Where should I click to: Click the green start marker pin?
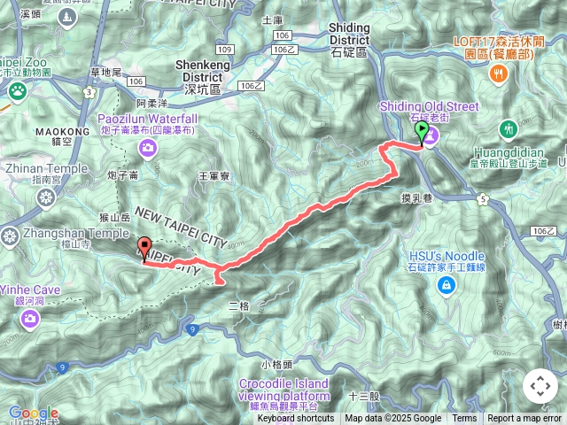point(423,133)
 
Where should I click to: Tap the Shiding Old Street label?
point(429,106)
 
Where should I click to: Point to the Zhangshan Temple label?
point(66,233)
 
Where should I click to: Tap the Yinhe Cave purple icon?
point(29,318)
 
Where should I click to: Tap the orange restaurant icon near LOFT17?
point(500,74)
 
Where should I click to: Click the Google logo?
point(33,413)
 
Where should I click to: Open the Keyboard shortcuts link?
point(296,419)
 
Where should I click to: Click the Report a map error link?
point(524,419)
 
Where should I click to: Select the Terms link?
point(464,419)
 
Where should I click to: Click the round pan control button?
point(540,386)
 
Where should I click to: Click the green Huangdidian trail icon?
point(509,129)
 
